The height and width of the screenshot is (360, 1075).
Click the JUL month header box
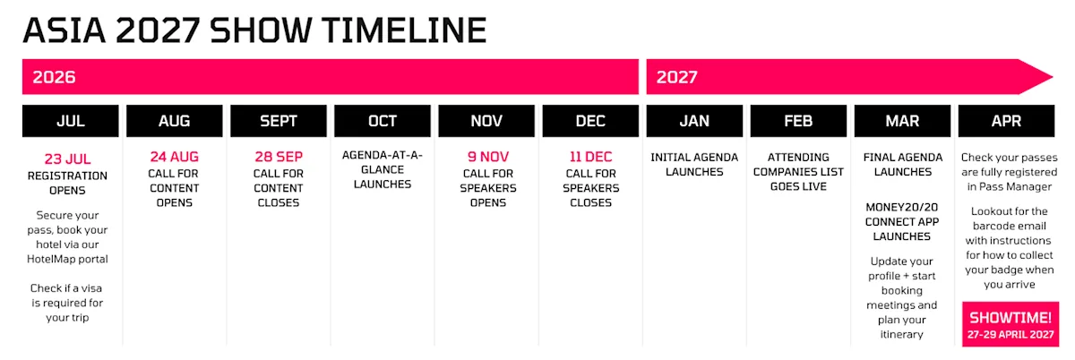point(71,121)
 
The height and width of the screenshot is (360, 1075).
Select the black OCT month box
point(383,121)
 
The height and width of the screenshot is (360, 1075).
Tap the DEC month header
point(590,121)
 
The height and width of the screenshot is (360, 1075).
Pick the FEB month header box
point(798,121)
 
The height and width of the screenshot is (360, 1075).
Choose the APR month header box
point(1006,121)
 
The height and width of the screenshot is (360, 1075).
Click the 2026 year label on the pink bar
point(55,77)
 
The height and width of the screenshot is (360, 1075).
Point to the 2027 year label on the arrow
point(676,77)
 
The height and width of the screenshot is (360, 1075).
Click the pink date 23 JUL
point(68,159)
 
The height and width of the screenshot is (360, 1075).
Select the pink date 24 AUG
point(174,157)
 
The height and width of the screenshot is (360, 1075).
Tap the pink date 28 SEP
point(279,157)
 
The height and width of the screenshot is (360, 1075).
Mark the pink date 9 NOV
point(488,157)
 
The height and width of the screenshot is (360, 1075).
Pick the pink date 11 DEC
point(590,157)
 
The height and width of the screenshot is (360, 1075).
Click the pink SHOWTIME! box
point(1010,324)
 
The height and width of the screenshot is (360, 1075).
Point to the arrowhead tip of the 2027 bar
point(1053,77)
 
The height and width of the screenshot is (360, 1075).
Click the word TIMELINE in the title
point(404,30)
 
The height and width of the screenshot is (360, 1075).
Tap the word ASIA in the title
point(64,30)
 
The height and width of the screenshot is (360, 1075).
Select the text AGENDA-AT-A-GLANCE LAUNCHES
point(383,170)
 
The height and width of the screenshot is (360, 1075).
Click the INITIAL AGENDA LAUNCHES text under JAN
point(694,165)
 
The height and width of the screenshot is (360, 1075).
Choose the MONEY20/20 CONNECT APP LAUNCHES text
point(902,222)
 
